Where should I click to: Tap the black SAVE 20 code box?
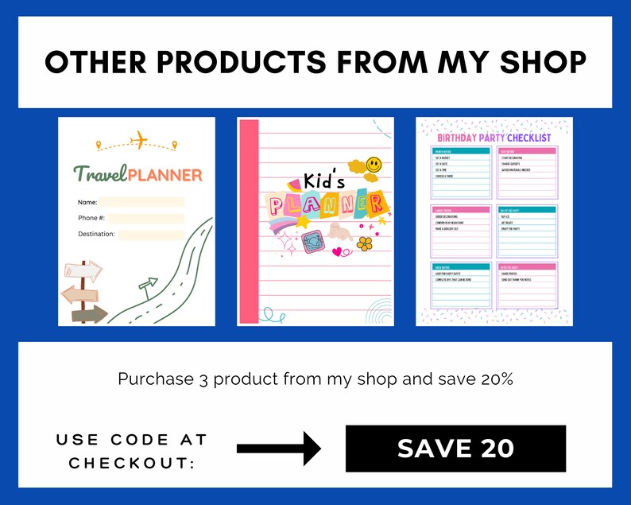(455, 449)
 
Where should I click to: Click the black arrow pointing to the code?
(278, 449)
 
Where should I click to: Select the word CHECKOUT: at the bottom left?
(132, 462)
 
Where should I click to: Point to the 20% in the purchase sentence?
(497, 379)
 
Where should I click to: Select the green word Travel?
(99, 174)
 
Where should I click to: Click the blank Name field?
(141, 202)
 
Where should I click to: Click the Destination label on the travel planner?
(96, 234)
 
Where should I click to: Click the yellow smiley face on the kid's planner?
(374, 165)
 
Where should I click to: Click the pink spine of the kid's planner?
(248, 223)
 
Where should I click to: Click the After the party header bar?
(527, 266)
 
